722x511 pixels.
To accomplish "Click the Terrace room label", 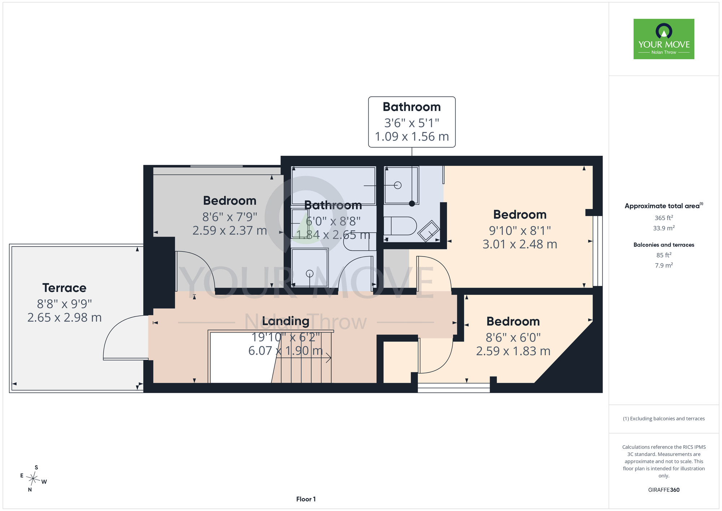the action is tap(64, 288).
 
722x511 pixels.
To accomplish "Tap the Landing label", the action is tap(286, 321).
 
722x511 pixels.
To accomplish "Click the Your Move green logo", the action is tap(664, 39).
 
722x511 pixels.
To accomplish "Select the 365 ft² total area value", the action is tap(664, 218).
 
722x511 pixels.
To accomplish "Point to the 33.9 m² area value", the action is tap(664, 228).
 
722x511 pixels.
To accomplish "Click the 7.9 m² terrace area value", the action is tap(664, 265).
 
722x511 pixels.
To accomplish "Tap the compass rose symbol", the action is tap(33, 479).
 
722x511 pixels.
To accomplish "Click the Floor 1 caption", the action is tap(306, 499).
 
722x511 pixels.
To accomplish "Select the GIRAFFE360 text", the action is tap(664, 490).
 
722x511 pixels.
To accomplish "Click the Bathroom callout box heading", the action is tap(412, 107).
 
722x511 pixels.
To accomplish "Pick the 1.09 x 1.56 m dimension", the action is tap(412, 137).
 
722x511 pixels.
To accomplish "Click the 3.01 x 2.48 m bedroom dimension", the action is tap(520, 244).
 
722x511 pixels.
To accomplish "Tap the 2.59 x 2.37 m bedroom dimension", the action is tap(230, 231).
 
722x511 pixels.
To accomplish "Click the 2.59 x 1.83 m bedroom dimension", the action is tap(513, 351).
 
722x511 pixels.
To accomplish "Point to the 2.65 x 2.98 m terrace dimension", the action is tap(64, 318).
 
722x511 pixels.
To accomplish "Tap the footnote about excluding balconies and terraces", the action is tap(664, 418).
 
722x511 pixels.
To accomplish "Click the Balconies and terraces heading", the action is tap(664, 245).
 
